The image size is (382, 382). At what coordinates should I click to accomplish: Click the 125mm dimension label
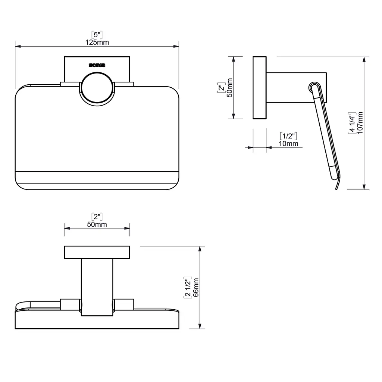tap(97, 42)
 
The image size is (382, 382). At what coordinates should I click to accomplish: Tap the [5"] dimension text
tap(97, 35)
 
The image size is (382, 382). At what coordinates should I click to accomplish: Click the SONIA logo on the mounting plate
tap(97, 65)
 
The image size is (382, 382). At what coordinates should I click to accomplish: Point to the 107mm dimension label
tap(360, 122)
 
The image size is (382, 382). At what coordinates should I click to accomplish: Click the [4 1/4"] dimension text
tap(352, 123)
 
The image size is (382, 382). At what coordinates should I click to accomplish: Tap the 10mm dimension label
tap(288, 144)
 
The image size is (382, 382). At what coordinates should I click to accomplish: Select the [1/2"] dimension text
tap(288, 136)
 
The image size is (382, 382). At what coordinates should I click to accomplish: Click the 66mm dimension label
tap(195, 288)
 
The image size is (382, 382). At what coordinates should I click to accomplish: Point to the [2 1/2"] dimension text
tap(188, 288)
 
